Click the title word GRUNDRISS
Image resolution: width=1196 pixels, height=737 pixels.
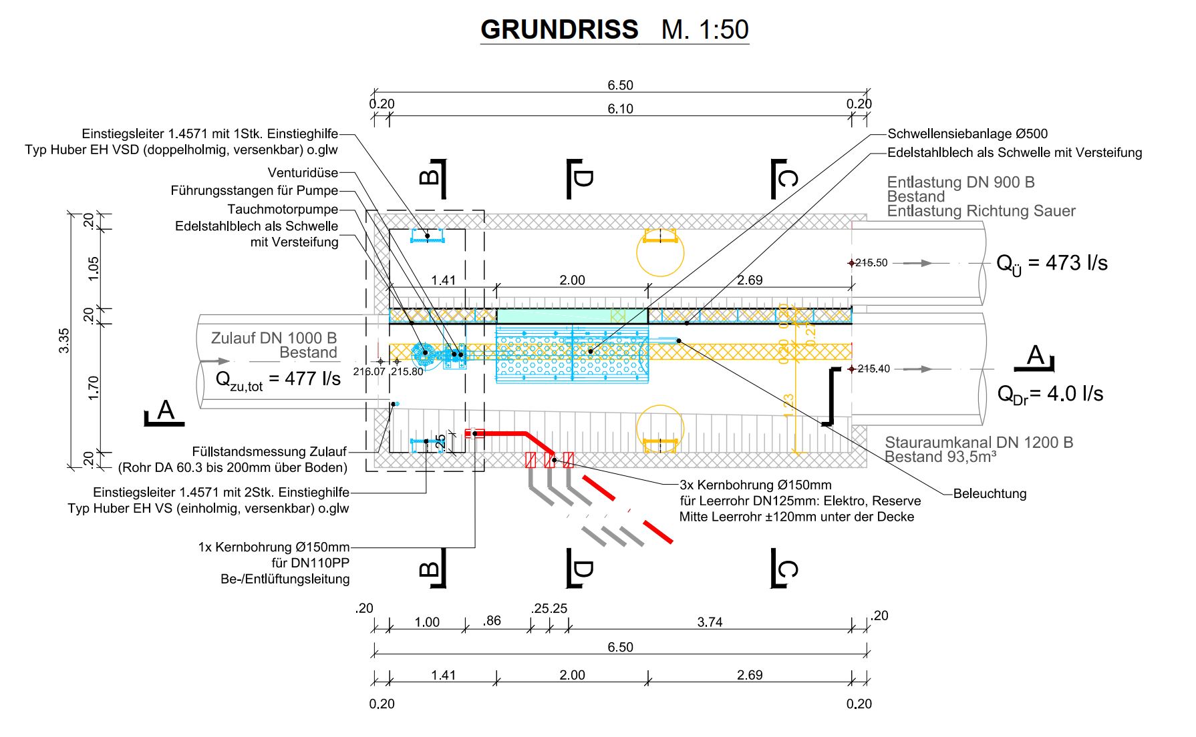click(x=559, y=29)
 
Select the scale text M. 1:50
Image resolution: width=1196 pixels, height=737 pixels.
click(x=705, y=29)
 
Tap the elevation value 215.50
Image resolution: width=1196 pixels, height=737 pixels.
click(x=872, y=263)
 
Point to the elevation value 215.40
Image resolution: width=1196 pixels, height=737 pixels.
click(x=873, y=369)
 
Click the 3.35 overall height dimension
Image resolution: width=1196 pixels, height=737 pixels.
click(x=64, y=340)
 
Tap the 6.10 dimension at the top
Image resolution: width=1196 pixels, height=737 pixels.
click(x=620, y=109)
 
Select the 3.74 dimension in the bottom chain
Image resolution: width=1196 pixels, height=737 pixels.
click(x=710, y=622)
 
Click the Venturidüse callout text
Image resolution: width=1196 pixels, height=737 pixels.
click(x=303, y=173)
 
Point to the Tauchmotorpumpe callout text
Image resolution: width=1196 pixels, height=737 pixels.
click(x=283, y=210)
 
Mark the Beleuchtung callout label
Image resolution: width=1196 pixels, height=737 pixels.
click(x=990, y=494)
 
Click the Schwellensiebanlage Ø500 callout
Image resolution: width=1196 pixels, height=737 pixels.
click(x=967, y=134)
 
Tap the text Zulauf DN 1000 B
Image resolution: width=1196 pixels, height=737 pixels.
click(x=274, y=338)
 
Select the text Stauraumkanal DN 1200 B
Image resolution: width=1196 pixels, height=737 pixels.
click(x=979, y=443)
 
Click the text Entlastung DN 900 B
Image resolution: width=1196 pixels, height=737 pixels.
click(x=961, y=182)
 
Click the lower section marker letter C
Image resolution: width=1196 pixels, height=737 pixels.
click(x=788, y=569)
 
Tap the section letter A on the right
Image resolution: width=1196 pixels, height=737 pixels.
click(x=1035, y=355)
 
